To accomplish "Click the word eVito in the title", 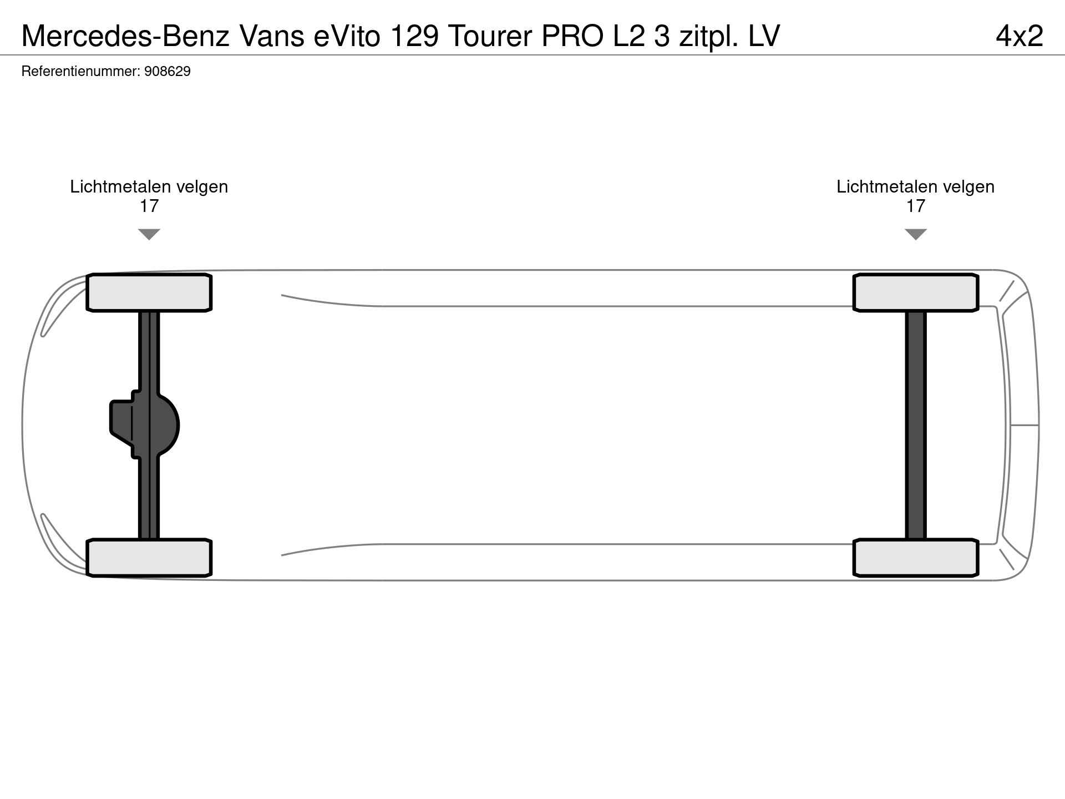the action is pyautogui.click(x=347, y=36).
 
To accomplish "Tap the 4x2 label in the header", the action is pyautogui.click(x=1020, y=36).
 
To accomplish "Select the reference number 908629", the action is pyautogui.click(x=167, y=72).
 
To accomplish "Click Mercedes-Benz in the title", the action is pyautogui.click(x=125, y=36).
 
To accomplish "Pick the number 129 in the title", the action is pyautogui.click(x=414, y=36).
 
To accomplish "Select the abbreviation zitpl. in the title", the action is pyautogui.click(x=709, y=36).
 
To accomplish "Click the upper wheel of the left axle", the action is pyautogui.click(x=149, y=292).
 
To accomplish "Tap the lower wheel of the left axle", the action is pyautogui.click(x=149, y=558).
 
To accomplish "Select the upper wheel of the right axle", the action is pyautogui.click(x=916, y=292).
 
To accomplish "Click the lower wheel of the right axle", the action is pyautogui.click(x=916, y=558).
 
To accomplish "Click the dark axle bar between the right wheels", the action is pyautogui.click(x=916, y=425).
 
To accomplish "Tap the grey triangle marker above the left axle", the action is pyautogui.click(x=149, y=234).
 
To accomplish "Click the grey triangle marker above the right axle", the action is pyautogui.click(x=916, y=234).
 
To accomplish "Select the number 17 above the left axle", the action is pyautogui.click(x=149, y=206).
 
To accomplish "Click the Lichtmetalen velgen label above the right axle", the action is pyautogui.click(x=916, y=187).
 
